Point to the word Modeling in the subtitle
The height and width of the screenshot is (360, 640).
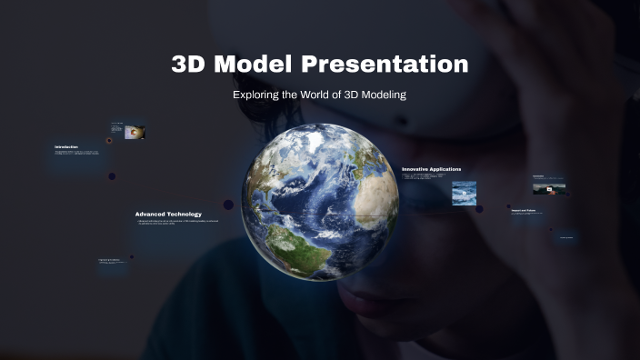pyautogui.click(x=381, y=95)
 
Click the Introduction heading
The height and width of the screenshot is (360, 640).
pyautogui.click(x=66, y=146)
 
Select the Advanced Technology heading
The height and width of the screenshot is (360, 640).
pyautogui.click(x=168, y=215)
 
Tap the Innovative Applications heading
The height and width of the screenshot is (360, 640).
pyautogui.click(x=431, y=169)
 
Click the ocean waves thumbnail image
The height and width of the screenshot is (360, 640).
pyautogui.click(x=464, y=193)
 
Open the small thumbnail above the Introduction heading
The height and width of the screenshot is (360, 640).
pyautogui.click(x=135, y=133)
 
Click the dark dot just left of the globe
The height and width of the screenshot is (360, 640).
pyautogui.click(x=228, y=205)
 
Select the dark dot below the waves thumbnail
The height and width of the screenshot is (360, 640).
pyautogui.click(x=479, y=209)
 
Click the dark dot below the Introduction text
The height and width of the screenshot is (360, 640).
pyautogui.click(x=112, y=176)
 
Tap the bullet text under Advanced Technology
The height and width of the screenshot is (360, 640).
pyautogui.click(x=177, y=223)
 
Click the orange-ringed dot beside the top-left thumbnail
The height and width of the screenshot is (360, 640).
pyautogui.click(x=109, y=140)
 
